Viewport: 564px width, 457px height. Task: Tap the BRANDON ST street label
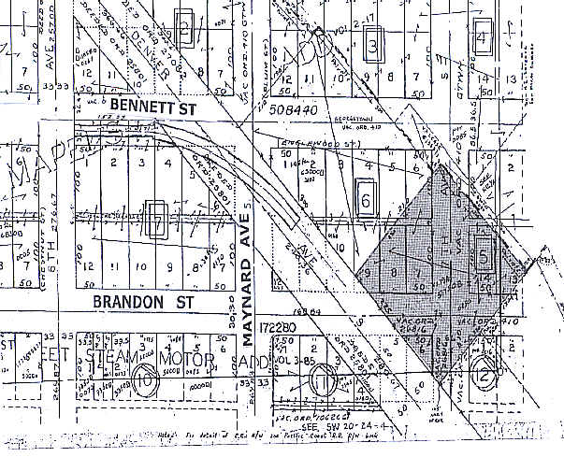[138, 302]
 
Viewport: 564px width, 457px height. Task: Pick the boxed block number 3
[375, 45]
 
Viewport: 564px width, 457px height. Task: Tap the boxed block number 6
[367, 199]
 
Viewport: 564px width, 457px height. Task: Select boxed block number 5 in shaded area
[484, 257]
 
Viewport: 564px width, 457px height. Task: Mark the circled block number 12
[485, 371]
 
